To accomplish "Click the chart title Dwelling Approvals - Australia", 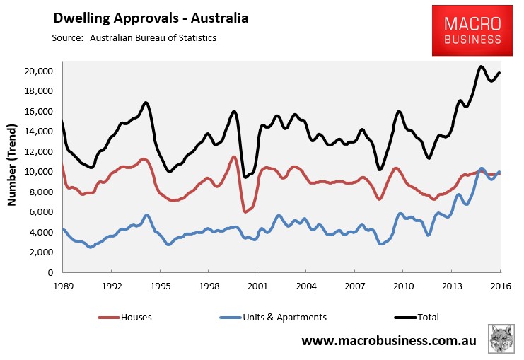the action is point(151,18).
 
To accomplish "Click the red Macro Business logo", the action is point(472,30).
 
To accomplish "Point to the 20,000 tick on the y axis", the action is point(39,71).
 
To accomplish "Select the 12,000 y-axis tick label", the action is point(39,152).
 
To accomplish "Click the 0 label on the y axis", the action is point(50,272).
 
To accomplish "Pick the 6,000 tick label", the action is point(41,212).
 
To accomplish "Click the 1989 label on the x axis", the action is point(63,286).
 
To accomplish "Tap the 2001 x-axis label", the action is point(257,286).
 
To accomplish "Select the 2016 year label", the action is point(501,286).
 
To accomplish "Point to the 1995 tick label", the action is point(161,286).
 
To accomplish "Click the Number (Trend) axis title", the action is point(12,165).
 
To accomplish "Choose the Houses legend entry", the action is point(124,318).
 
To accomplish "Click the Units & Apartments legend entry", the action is point(273,318).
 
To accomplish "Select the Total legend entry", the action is point(417,318).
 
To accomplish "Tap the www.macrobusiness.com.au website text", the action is point(389,341).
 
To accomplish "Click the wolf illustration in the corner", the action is point(501,338).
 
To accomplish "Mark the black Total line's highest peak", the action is point(482,67).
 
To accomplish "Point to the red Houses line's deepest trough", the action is point(245,211).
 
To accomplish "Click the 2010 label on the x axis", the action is point(403,286).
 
